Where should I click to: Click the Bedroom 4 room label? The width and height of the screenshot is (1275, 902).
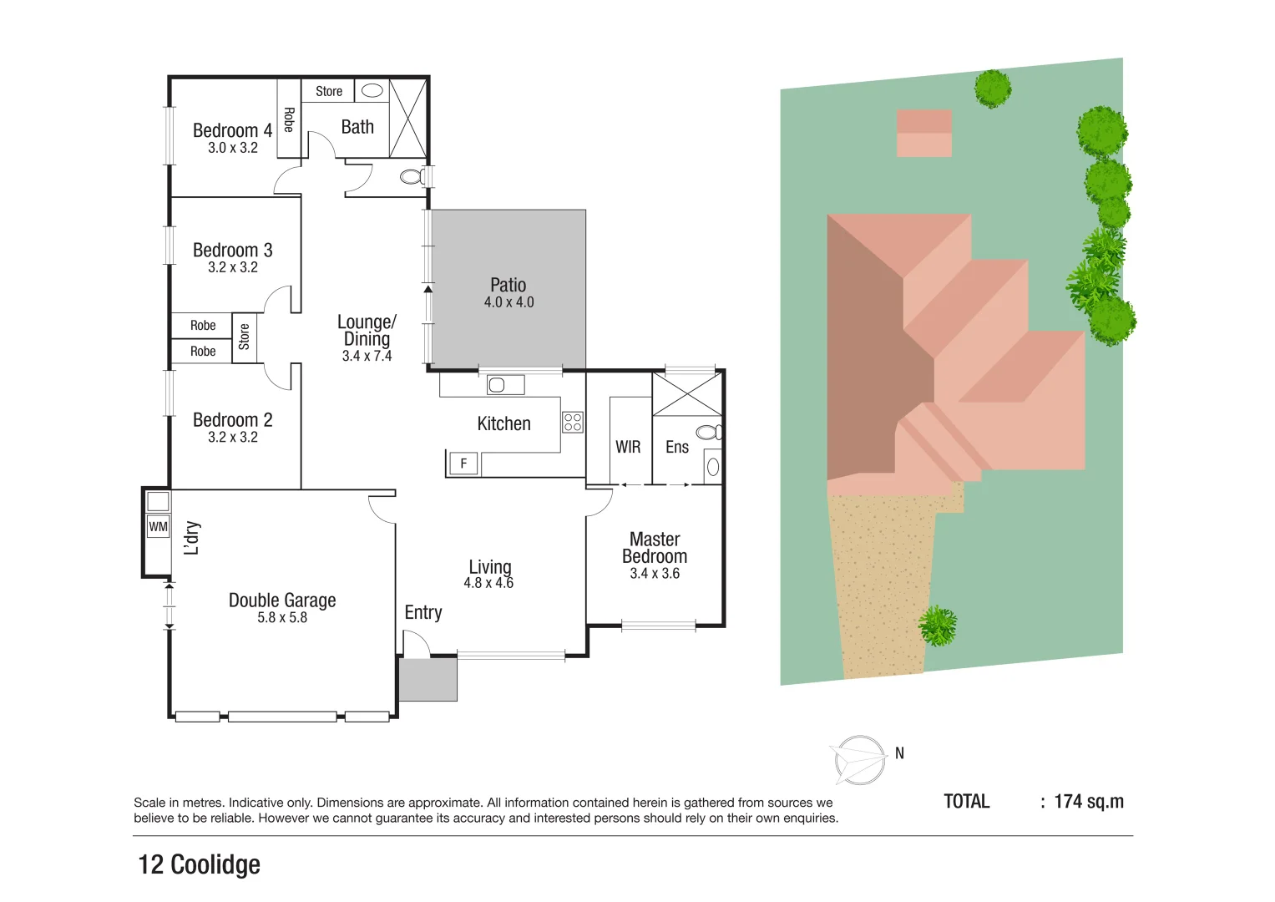point(232,130)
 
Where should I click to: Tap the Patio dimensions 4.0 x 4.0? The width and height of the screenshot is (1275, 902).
point(508,302)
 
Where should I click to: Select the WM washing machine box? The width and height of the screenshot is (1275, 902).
point(158,527)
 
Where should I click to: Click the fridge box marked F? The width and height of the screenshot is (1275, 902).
point(463,464)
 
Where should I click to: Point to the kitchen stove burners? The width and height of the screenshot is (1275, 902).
point(573,422)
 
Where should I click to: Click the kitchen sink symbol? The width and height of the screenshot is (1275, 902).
point(498,385)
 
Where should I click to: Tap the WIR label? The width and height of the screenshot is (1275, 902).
point(628,447)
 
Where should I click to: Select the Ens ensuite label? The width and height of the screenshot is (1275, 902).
point(677,447)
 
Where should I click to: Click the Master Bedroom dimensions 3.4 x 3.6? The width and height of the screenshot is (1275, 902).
point(655,574)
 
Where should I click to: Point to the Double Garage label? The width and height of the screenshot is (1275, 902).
point(282,600)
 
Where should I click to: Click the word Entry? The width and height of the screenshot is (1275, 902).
point(423,612)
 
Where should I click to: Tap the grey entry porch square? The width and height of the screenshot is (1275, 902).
point(428,680)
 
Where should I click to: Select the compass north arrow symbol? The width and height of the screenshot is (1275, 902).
point(861,760)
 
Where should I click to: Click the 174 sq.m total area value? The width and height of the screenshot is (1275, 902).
point(1089,802)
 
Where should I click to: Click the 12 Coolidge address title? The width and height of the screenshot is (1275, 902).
point(200,864)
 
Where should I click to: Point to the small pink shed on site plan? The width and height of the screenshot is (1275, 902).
point(924,134)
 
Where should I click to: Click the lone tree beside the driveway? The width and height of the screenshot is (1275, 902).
point(938,626)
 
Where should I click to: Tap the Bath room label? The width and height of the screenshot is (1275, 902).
point(357,127)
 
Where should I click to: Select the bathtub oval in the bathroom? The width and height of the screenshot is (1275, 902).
point(372,90)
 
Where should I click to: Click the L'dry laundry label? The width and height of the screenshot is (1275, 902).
point(192,539)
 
